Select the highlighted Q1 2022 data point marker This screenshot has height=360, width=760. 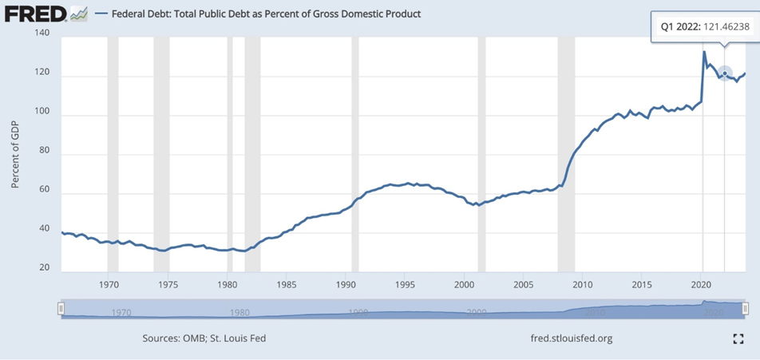[x=724, y=73]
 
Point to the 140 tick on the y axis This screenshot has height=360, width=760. [x=42, y=34]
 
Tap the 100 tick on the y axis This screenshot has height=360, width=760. [x=42, y=115]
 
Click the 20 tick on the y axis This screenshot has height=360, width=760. [x=45, y=269]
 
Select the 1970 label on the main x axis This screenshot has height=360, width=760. [x=109, y=284]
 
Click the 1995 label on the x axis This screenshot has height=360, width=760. [x=405, y=284]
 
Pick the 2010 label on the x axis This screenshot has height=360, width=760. [x=582, y=284]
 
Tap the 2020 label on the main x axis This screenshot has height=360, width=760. [x=701, y=284]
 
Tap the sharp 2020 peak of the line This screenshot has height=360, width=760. [x=704, y=52]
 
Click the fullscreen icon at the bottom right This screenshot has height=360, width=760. [x=738, y=338]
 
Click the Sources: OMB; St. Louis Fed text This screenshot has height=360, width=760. [x=204, y=338]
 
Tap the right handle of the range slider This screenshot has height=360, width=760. [x=745, y=308]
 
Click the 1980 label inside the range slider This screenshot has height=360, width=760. [x=240, y=312]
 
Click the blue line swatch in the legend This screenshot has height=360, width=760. [x=101, y=14]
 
